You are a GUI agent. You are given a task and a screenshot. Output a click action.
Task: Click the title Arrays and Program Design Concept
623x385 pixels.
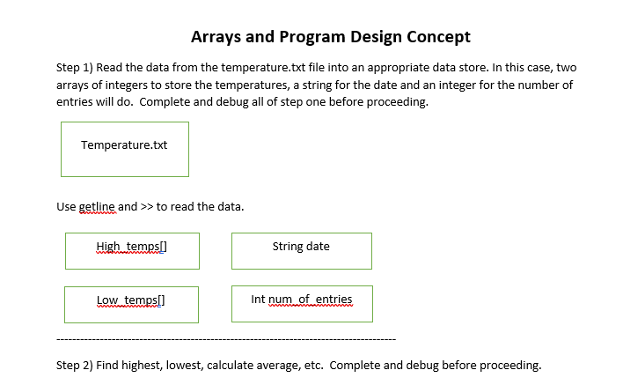click(330, 37)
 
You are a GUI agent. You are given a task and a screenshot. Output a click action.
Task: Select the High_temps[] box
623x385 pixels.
click(132, 250)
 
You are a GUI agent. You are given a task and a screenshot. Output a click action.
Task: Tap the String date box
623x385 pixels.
click(301, 250)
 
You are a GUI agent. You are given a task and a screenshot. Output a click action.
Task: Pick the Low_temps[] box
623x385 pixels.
click(132, 303)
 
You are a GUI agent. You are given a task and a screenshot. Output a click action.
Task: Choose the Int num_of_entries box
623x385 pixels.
click(302, 303)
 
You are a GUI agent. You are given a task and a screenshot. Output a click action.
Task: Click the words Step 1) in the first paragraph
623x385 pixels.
click(74, 68)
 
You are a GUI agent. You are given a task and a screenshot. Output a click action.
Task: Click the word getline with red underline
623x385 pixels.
click(97, 207)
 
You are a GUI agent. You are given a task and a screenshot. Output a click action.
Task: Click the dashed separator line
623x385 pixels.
click(225, 339)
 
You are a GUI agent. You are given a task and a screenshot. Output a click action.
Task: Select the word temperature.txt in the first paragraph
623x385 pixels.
click(237, 68)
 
